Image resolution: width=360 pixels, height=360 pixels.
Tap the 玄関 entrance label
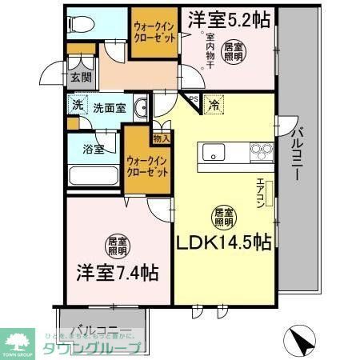tap(80, 78)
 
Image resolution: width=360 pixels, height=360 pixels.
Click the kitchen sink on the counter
tap(216, 152)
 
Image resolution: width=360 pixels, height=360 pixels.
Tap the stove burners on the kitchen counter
tap(262, 150)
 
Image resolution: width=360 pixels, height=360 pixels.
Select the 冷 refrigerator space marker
tap(214, 104)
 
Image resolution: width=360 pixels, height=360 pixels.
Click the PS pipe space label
tap(194, 98)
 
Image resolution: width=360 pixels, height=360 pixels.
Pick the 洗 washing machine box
tap(78, 106)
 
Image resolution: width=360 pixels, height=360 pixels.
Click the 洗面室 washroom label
tap(108, 107)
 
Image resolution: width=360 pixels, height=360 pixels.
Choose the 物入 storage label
tap(161, 139)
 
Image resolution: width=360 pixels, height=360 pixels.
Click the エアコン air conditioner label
tap(261, 193)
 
